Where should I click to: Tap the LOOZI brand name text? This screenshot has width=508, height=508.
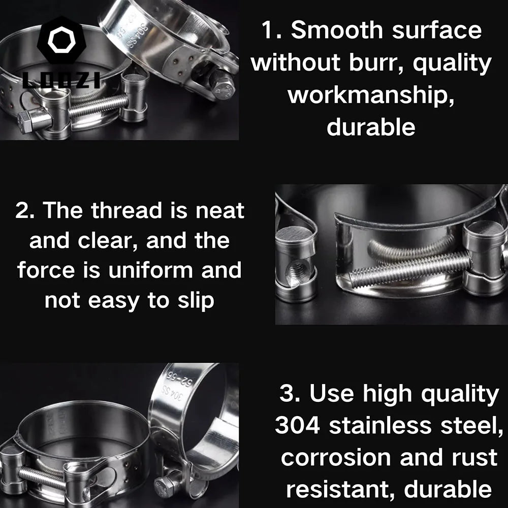(62, 80)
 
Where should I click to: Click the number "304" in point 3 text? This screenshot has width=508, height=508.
(298, 426)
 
